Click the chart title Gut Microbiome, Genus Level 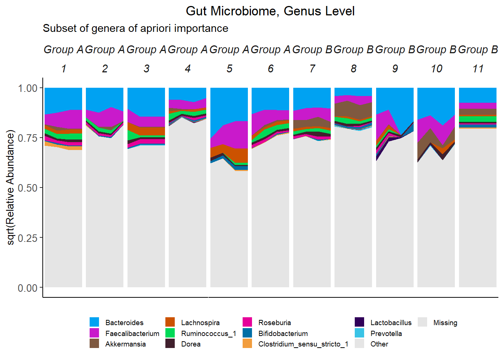point(270,11)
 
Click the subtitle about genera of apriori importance point(135,28)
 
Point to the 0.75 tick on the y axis point(28,138)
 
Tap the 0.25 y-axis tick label point(28,238)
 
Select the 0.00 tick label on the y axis point(28,288)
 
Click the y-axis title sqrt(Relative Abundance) point(10,187)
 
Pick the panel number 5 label point(229,69)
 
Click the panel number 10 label point(436,69)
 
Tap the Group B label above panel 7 point(312,49)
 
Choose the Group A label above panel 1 point(63,49)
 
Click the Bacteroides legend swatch point(94,322)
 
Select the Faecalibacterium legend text point(132,333)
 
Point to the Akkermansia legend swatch point(94,343)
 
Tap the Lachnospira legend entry point(200,322)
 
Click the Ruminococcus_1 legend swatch point(170,333)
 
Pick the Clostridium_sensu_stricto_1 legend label point(303,344)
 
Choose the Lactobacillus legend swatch point(359,322)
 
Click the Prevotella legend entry point(386,333)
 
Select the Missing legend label point(445,322)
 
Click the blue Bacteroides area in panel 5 point(229,105)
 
